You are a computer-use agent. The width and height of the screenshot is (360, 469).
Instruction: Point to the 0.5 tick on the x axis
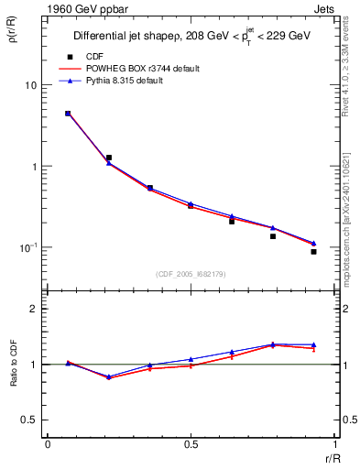tap(191, 444)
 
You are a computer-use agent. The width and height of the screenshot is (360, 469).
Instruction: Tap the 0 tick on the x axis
tap(48, 444)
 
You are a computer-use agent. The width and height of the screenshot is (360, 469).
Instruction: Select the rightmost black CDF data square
tap(313, 251)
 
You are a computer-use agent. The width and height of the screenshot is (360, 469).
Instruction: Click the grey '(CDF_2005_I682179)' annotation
tap(191, 274)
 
